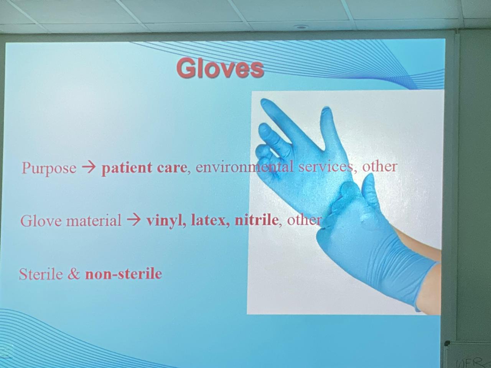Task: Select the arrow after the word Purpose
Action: tap(89, 167)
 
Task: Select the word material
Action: tap(94, 221)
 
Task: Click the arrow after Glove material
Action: tap(134, 219)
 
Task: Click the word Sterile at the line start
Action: tap(41, 274)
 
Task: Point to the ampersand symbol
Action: tap(74, 274)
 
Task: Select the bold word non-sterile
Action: tap(124, 274)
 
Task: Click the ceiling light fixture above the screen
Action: tap(301, 27)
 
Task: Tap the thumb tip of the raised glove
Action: tap(327, 111)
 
